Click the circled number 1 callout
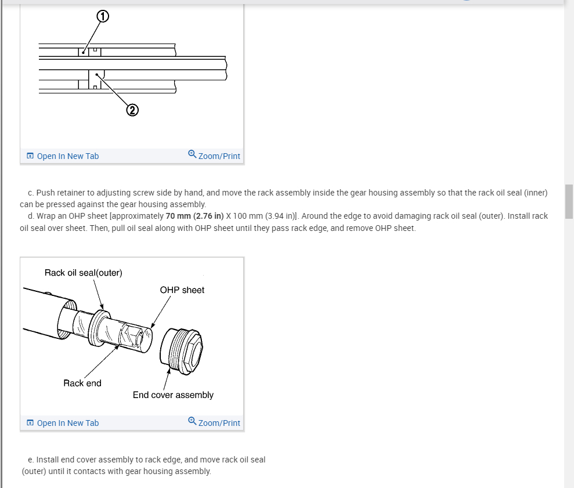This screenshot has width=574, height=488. click(x=102, y=17)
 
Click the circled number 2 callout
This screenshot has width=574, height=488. click(x=132, y=110)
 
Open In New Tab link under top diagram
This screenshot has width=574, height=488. click(x=67, y=156)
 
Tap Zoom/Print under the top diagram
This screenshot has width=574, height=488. click(x=219, y=156)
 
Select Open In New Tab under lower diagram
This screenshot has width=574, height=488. click(x=67, y=423)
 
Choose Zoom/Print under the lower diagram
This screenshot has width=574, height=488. click(x=219, y=423)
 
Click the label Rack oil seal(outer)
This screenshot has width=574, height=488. click(x=84, y=273)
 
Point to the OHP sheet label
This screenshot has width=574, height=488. click(x=182, y=290)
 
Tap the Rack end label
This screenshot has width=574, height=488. click(x=82, y=383)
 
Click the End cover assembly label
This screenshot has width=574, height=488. click(x=173, y=395)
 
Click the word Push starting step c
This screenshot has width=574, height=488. click(x=47, y=192)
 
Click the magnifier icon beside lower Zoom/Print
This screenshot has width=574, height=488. click(x=192, y=422)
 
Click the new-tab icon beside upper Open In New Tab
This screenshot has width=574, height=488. click(x=30, y=156)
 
